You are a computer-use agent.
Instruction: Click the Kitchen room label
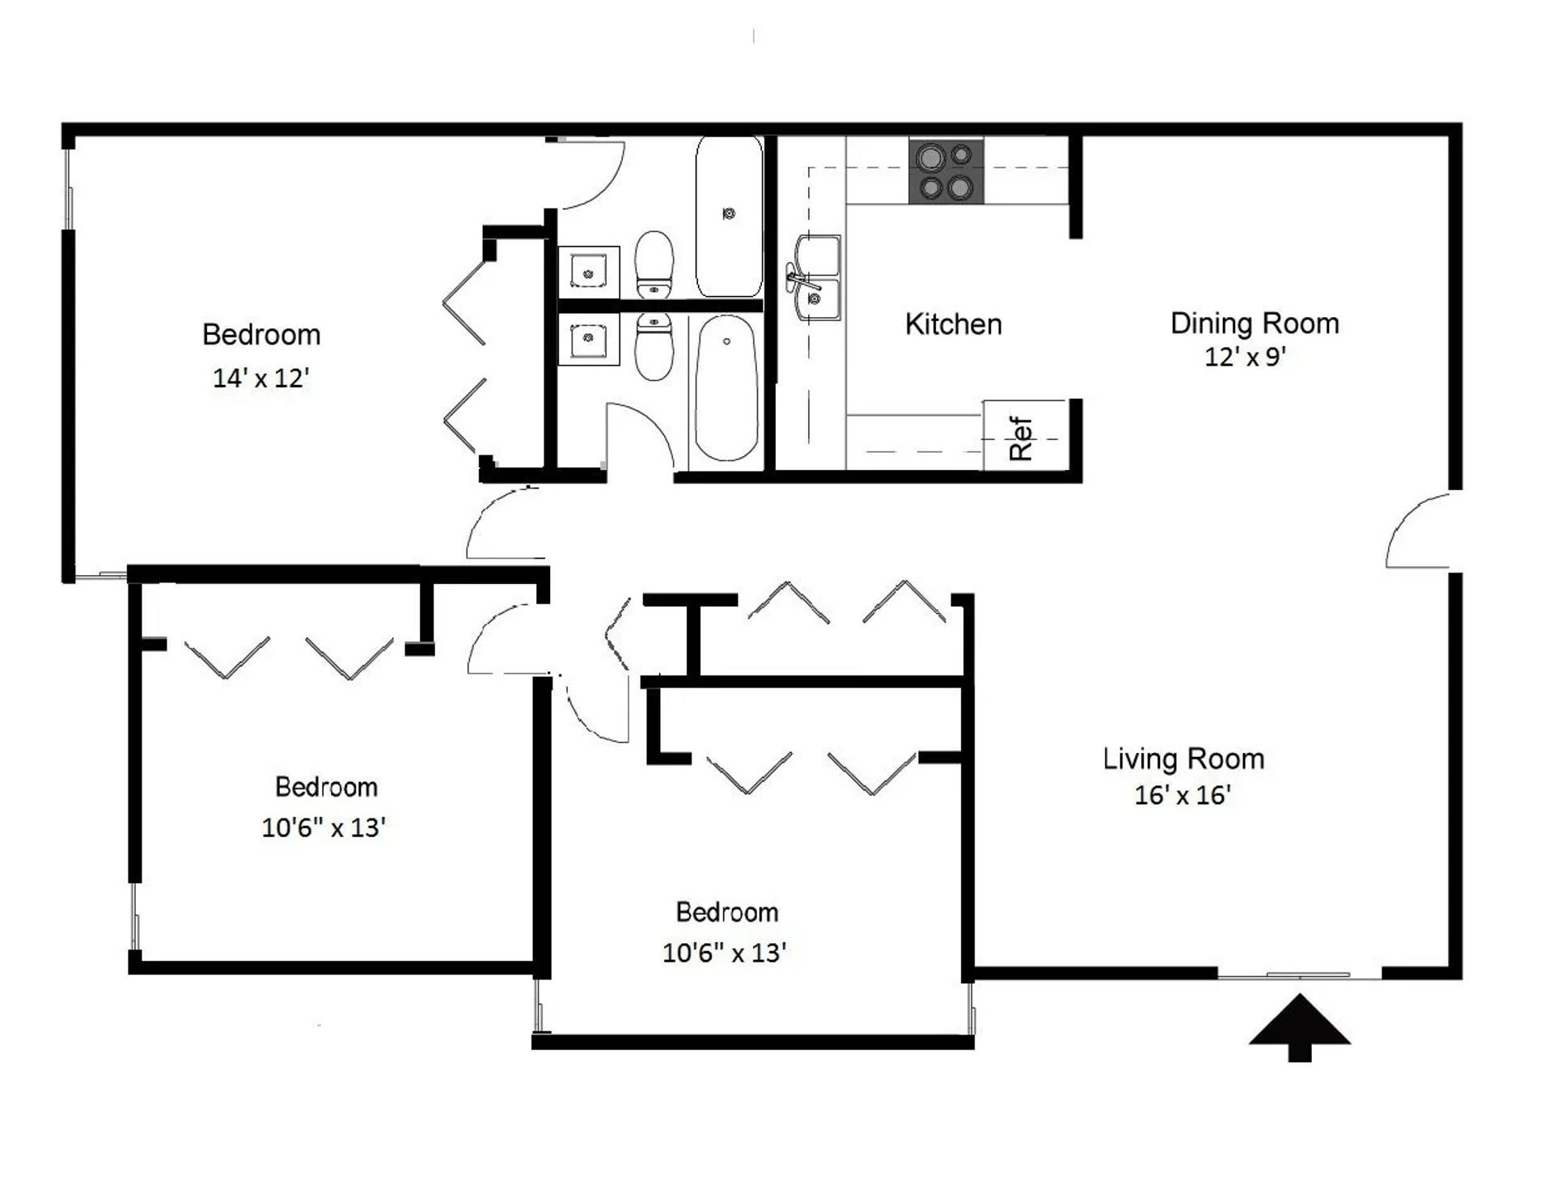[x=953, y=324]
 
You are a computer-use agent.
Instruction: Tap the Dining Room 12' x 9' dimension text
[x=1245, y=357]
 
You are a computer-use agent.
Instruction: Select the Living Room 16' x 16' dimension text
[x=1182, y=795]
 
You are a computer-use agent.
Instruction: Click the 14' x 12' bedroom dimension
[x=260, y=378]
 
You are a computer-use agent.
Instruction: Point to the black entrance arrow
[x=1299, y=1026]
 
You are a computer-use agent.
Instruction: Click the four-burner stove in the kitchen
[x=946, y=171]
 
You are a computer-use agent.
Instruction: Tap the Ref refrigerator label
[x=1022, y=438]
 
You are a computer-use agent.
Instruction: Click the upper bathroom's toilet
[x=654, y=264]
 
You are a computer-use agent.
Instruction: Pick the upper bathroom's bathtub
[x=728, y=217]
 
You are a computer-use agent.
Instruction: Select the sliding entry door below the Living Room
[x=1299, y=976]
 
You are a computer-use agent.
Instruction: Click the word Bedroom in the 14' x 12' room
[x=260, y=334]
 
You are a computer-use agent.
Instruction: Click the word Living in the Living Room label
[x=1132, y=759]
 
